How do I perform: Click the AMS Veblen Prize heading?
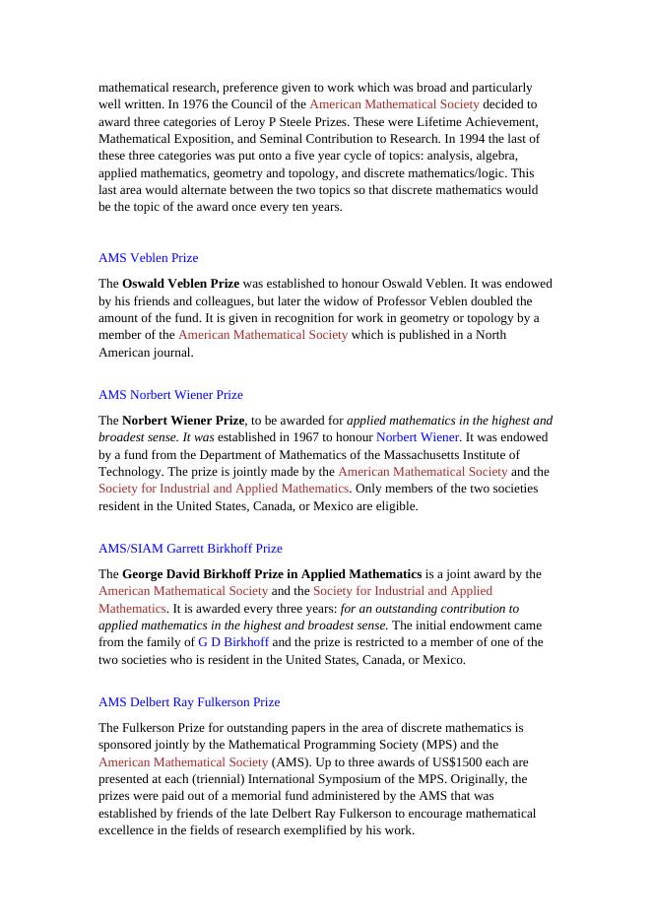tap(148, 258)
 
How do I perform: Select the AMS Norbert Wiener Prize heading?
tap(170, 395)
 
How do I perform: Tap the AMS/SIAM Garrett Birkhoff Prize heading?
tap(190, 549)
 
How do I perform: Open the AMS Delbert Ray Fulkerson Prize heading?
tap(189, 702)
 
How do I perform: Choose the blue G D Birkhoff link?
tap(233, 642)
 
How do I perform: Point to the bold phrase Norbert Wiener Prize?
tap(183, 421)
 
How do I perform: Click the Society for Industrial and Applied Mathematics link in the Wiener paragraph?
tap(224, 489)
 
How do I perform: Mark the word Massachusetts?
tap(413, 454)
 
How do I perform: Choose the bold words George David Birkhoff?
tap(185, 574)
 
